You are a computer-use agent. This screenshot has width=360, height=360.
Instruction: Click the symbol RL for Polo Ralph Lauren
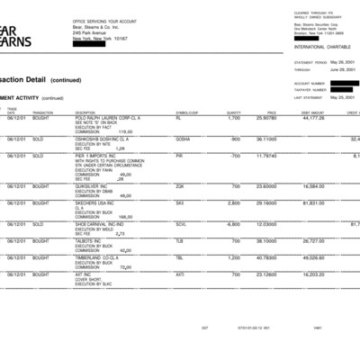(x=179, y=118)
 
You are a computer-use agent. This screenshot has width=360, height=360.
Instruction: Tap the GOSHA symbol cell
(x=183, y=139)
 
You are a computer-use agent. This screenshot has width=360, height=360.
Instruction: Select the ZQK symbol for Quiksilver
(x=180, y=186)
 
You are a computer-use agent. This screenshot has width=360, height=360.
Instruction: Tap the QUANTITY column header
(x=234, y=112)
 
